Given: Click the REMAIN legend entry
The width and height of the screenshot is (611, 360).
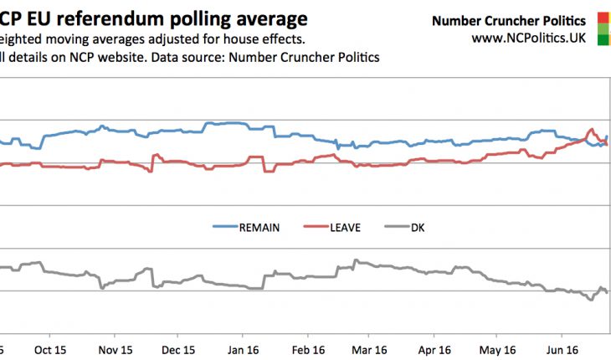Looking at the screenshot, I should tap(259, 227).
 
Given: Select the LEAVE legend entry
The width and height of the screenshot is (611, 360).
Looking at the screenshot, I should tap(344, 227).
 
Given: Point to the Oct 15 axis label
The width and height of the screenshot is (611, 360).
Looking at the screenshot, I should tap(50, 349).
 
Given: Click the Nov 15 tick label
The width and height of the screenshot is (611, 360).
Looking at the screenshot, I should tap(115, 349).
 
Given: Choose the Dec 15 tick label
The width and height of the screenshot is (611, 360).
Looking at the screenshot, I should tap(179, 349).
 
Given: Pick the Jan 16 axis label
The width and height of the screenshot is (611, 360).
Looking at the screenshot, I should tap(243, 349).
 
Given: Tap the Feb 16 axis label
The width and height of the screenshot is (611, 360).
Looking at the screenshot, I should tap(307, 349).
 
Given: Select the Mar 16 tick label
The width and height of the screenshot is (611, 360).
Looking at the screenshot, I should tap(371, 349).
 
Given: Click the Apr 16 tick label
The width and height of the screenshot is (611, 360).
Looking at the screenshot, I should tap(434, 349).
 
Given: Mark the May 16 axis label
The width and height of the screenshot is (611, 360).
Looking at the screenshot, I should tap(498, 349).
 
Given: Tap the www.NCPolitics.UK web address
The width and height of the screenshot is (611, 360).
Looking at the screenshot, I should tap(528, 38).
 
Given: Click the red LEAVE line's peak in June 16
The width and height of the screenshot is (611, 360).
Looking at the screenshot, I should tap(592, 130).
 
